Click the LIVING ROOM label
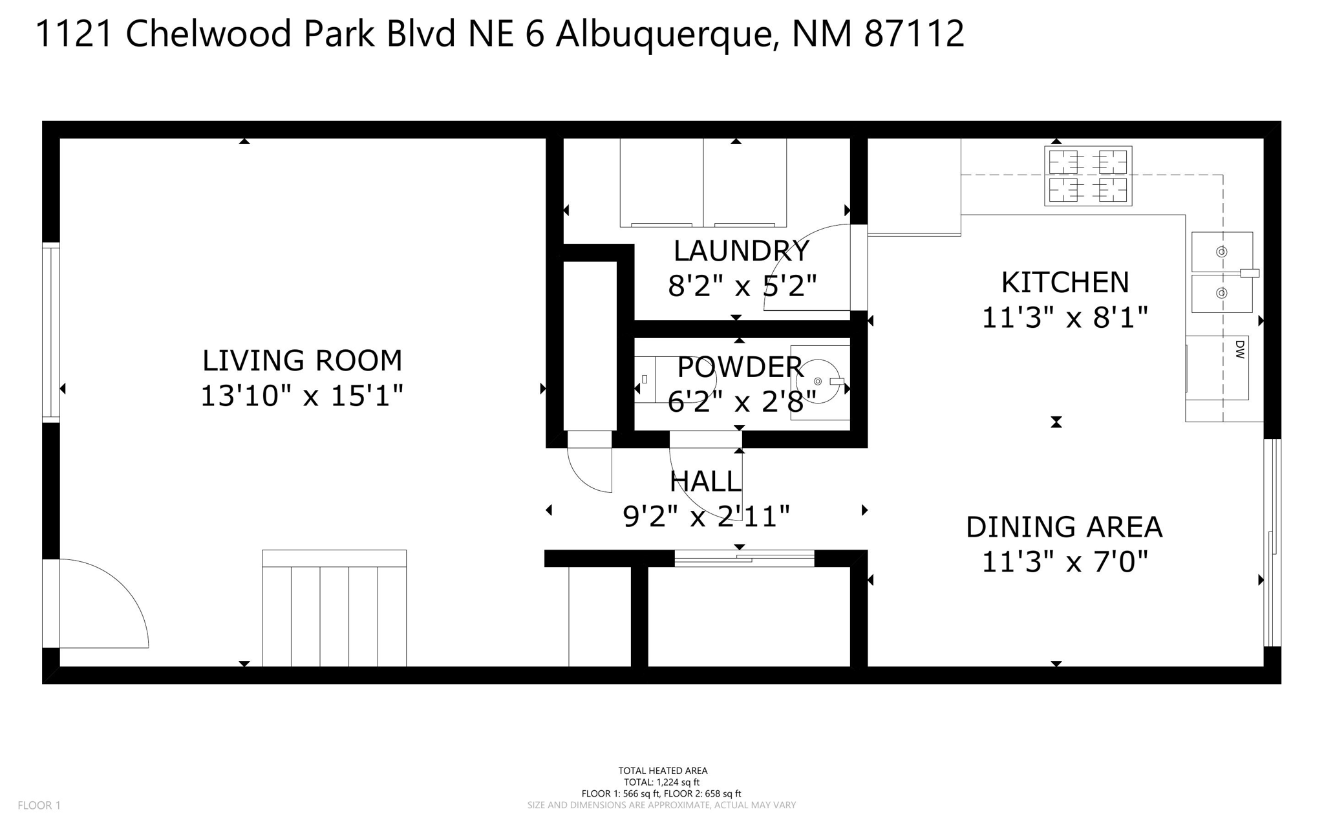(x=302, y=361)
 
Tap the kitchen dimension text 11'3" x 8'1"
(x=1065, y=318)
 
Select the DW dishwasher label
(x=1239, y=350)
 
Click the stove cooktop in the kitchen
(x=1088, y=176)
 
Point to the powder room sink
(x=818, y=382)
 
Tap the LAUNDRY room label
(x=741, y=251)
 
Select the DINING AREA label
(x=1064, y=527)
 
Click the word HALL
(x=705, y=482)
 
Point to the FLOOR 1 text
(x=39, y=805)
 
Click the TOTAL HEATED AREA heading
(x=663, y=771)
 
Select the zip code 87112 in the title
(x=913, y=34)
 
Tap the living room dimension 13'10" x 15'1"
(x=302, y=396)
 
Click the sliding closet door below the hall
(x=744, y=557)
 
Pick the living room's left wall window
(x=51, y=332)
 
